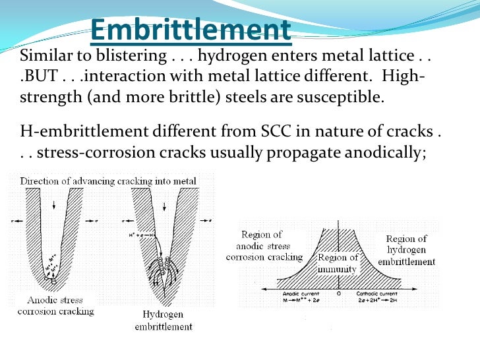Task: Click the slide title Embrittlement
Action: click(190, 29)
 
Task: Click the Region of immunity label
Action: click(338, 263)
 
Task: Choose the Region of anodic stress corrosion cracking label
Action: click(264, 245)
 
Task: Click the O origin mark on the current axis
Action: click(338, 293)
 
